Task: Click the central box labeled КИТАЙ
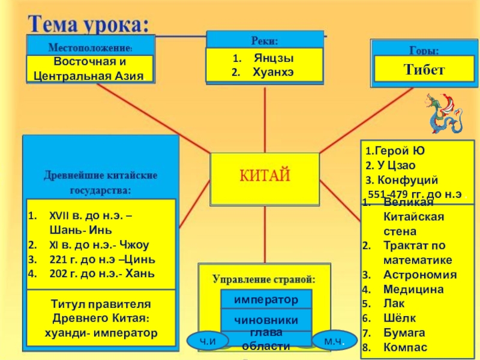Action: pos(265,176)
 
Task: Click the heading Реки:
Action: pos(264,41)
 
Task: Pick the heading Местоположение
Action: pos(89,46)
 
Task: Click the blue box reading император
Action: pos(266,299)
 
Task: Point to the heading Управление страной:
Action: pos(264,280)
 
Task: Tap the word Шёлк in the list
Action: pos(400,318)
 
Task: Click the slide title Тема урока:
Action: pos(88,24)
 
